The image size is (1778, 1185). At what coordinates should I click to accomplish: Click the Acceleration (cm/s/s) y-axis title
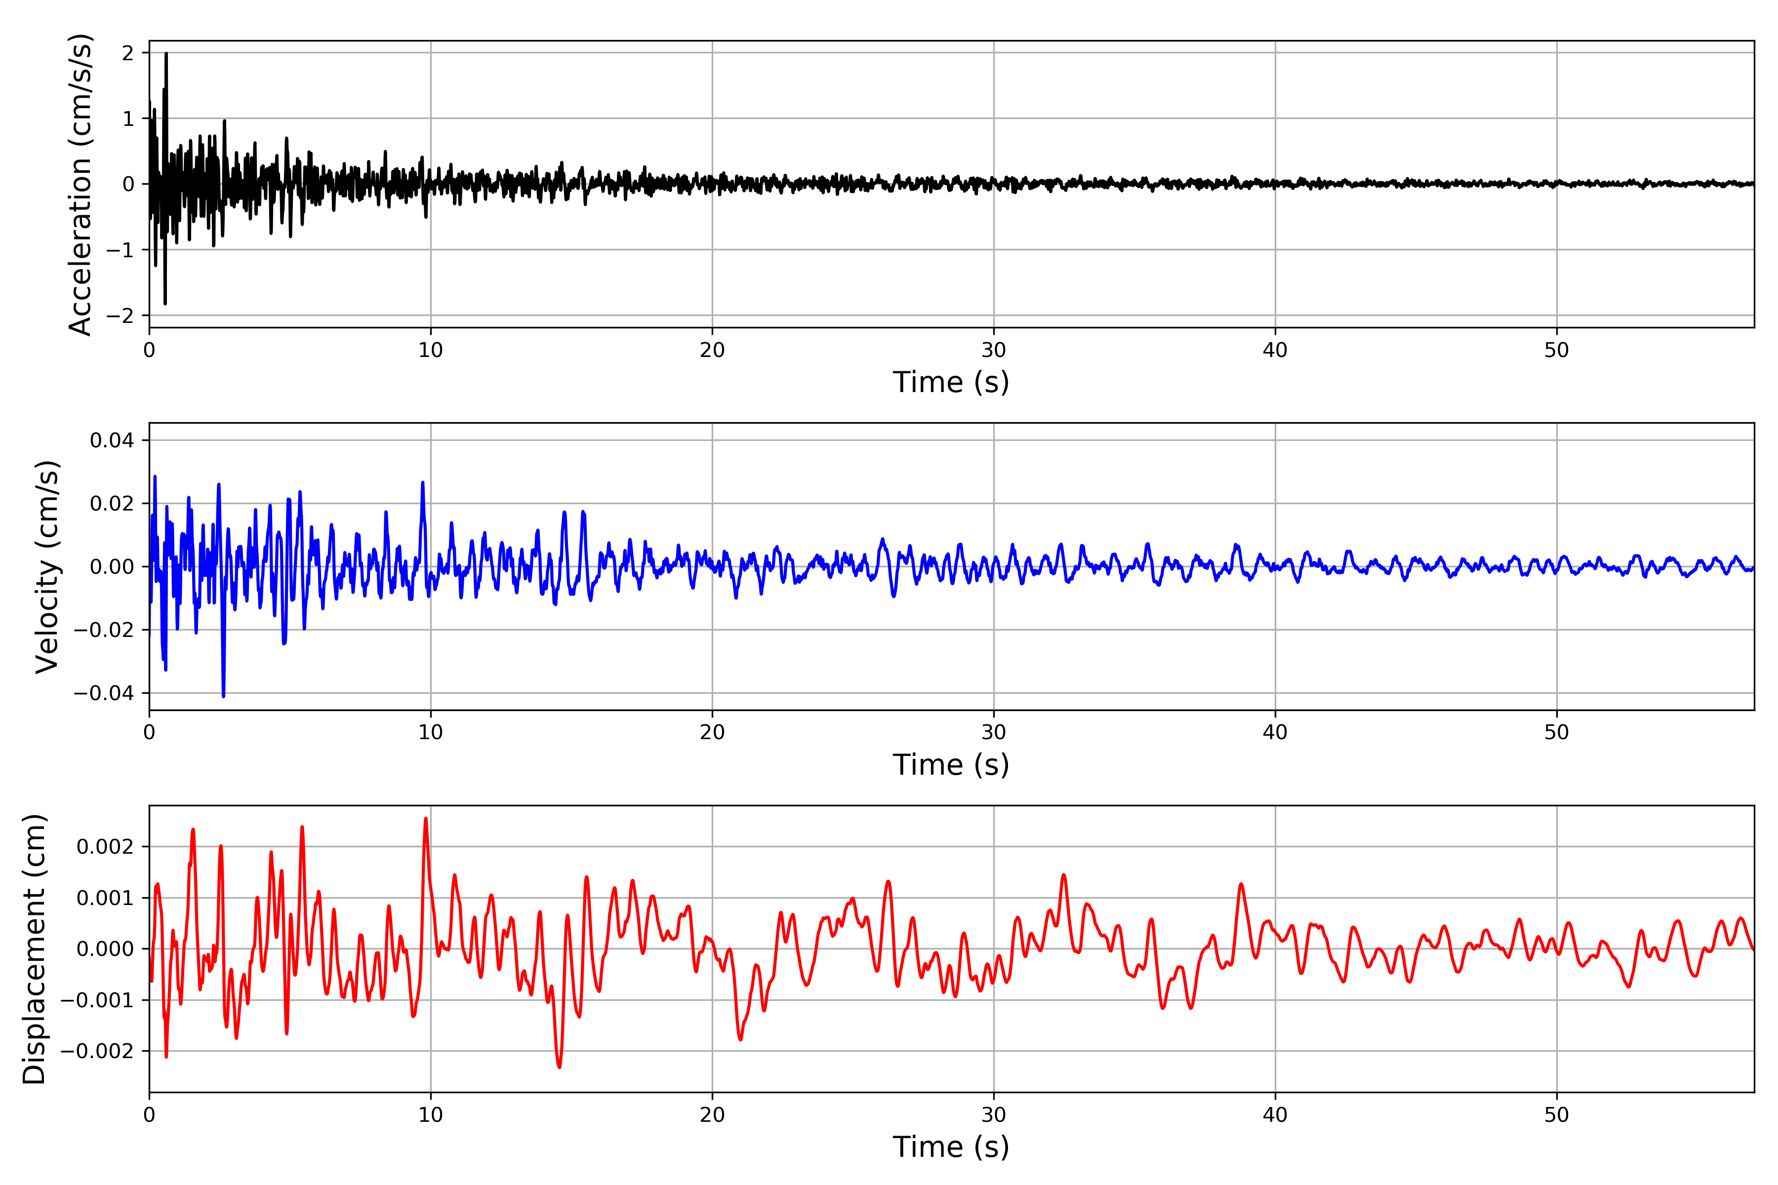point(80,184)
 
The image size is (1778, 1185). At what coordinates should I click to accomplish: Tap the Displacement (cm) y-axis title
point(34,948)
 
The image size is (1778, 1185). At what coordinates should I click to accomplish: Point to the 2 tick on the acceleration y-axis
point(128,53)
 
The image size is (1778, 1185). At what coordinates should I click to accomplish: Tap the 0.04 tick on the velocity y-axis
point(112,440)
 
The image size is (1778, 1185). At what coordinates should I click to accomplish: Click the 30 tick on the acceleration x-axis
point(993,351)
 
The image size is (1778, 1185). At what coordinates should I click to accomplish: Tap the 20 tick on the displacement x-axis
point(712,1115)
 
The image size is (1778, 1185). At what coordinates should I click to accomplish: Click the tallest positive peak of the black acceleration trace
point(166,54)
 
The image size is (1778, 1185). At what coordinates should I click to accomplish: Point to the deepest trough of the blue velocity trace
point(223,695)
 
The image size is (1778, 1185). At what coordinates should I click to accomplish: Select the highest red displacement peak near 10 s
point(426,819)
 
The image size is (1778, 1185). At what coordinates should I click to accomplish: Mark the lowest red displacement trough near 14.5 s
point(560,1067)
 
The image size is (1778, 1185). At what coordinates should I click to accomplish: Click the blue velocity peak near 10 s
point(423,482)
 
